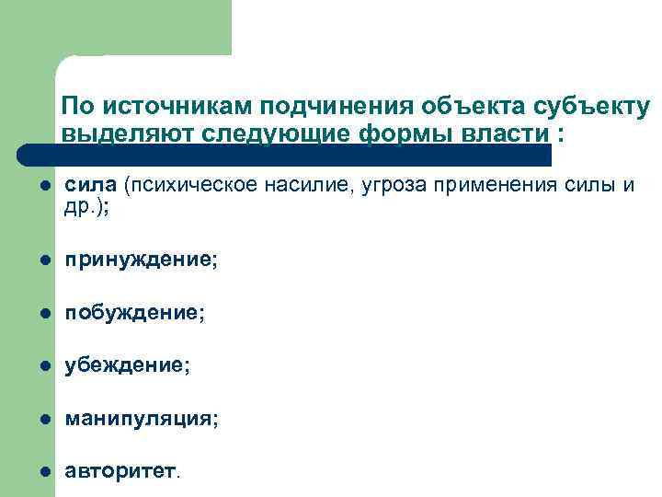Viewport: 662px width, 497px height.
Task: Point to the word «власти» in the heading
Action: (x=508, y=133)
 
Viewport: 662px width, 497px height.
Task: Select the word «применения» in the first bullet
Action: (x=498, y=186)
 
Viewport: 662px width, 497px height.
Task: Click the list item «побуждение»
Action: (x=132, y=314)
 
